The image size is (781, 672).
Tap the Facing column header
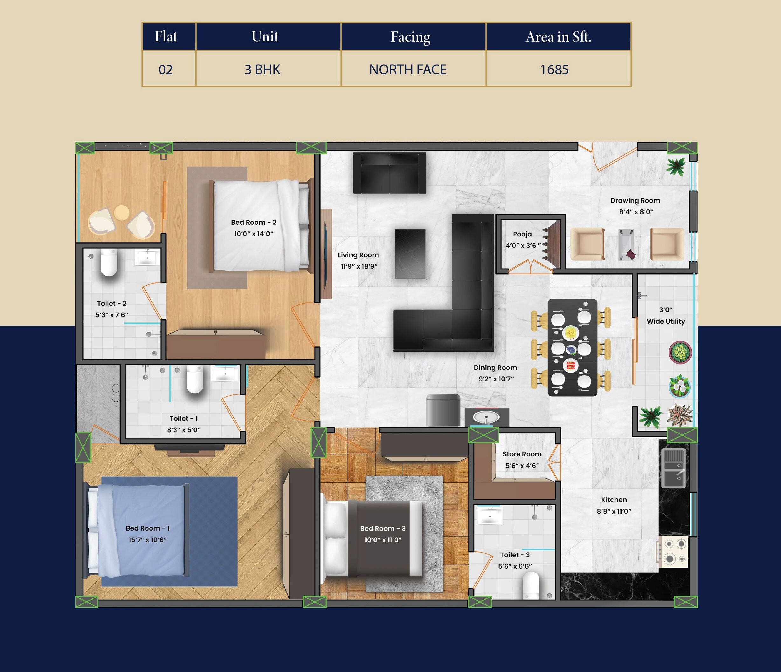click(x=410, y=37)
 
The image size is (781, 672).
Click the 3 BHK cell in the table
click(x=262, y=70)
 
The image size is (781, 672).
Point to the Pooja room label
click(x=522, y=234)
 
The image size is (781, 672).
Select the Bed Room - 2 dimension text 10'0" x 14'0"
click(x=254, y=234)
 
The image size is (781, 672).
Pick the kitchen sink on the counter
click(x=674, y=468)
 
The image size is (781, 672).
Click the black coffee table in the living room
click(x=410, y=254)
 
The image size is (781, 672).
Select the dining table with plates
click(x=572, y=347)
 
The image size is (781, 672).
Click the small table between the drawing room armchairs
click(x=626, y=244)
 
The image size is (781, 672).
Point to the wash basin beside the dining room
click(x=486, y=417)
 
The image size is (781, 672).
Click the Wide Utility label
click(x=666, y=321)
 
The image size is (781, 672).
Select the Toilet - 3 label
click(x=515, y=555)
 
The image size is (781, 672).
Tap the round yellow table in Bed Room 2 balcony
click(x=121, y=213)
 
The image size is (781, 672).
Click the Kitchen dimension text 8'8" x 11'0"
click(x=614, y=511)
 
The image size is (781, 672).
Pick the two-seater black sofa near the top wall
click(x=389, y=173)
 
